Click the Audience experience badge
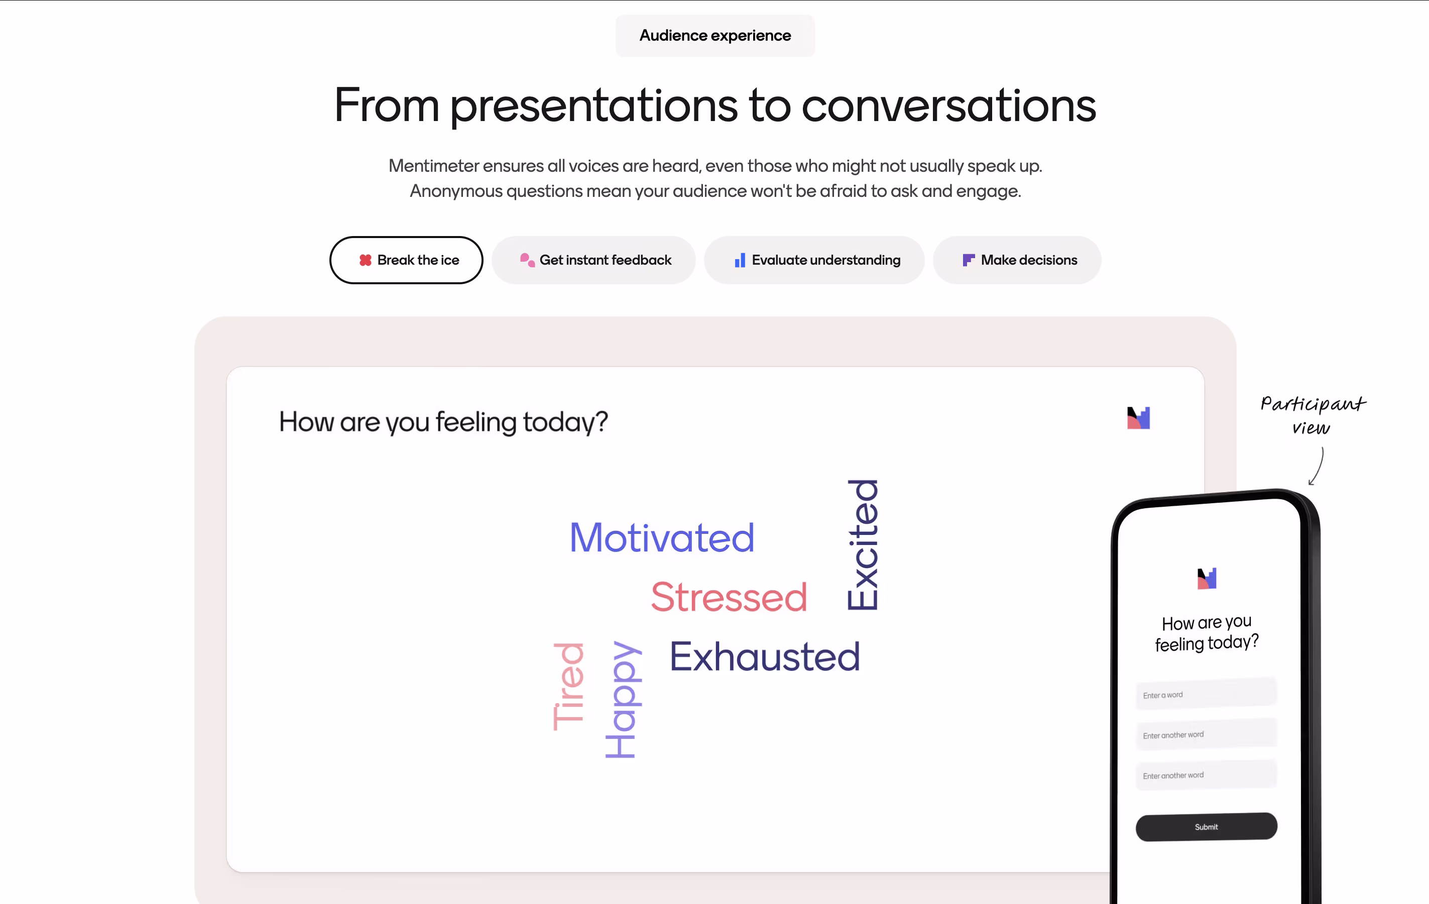715,36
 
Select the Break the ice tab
407,260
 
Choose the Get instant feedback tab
593,260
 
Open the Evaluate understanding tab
814,260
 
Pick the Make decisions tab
1017,260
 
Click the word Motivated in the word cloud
662,538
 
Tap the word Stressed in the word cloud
729,597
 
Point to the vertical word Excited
863,545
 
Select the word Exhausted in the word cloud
765,656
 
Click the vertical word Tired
568,687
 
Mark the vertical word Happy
622,699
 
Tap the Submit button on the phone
1207,826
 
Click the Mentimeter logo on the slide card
1138,418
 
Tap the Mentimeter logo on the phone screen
1207,578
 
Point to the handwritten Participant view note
1313,415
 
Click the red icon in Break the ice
366,260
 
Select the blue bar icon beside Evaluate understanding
740,260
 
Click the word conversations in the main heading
949,105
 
